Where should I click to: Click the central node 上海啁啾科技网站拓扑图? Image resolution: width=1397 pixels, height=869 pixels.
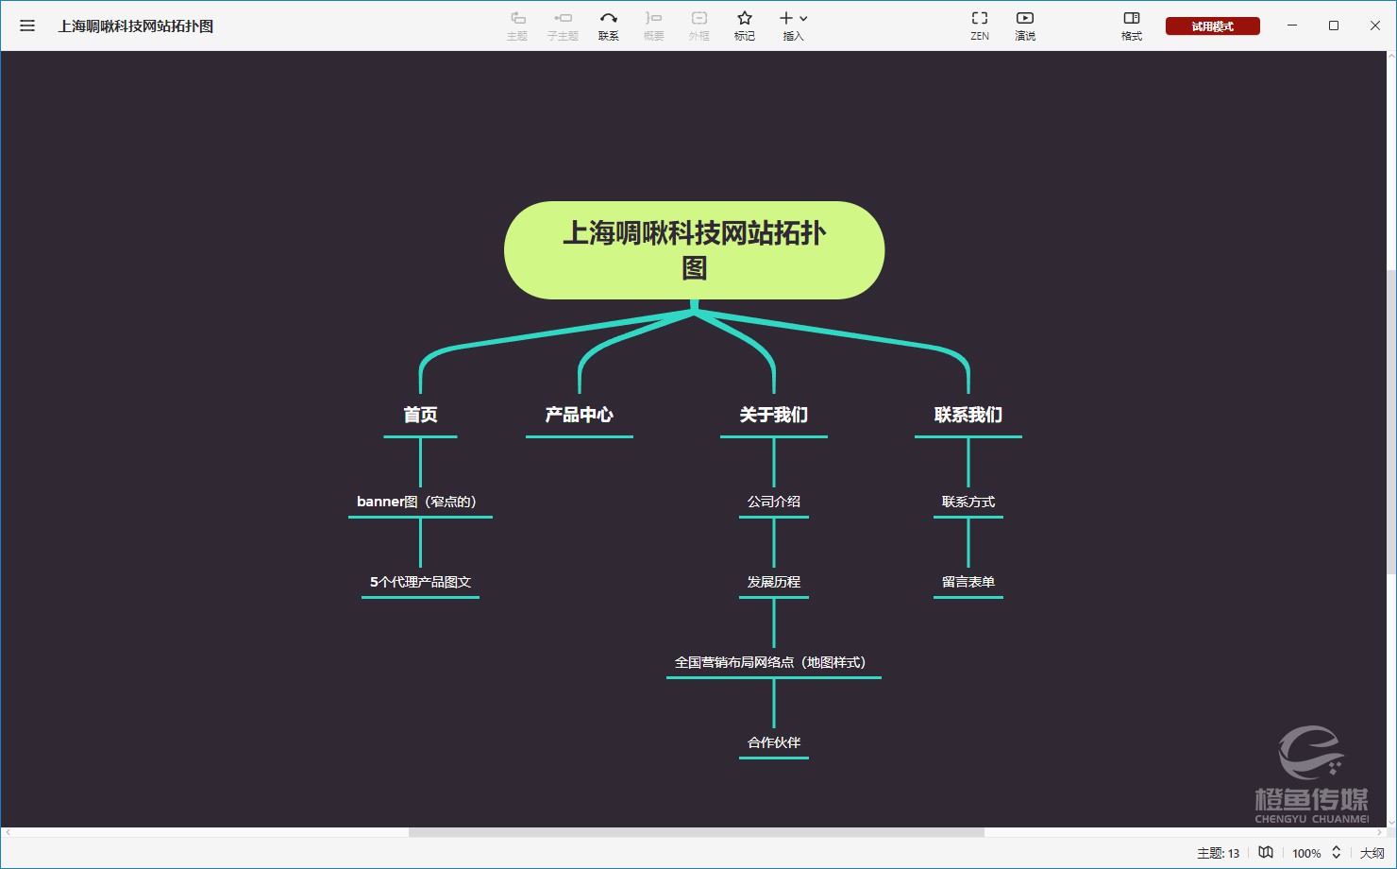coord(694,249)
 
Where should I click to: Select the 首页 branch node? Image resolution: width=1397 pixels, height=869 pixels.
coord(420,415)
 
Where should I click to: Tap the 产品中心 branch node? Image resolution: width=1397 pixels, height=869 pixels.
coord(580,415)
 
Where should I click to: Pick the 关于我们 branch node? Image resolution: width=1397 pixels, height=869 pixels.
coord(773,415)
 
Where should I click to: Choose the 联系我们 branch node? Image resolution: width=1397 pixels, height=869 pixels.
coord(968,415)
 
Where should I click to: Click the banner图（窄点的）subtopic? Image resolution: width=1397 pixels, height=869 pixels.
coord(416,502)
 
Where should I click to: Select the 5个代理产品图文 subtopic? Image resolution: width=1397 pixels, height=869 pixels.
coord(420,582)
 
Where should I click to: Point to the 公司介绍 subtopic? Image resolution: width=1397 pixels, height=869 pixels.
coord(773,502)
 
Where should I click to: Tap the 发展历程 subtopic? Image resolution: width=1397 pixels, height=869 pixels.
coord(773,582)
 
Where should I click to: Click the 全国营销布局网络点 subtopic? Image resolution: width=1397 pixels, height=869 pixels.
coord(770,662)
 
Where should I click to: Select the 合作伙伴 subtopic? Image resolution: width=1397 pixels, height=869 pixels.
coord(773,742)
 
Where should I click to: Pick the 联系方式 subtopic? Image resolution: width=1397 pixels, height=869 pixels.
coord(968,502)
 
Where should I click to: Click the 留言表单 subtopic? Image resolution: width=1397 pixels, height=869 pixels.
coord(968,582)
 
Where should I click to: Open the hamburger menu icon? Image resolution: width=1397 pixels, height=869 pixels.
coord(27,26)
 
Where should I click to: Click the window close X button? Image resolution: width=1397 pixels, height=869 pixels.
coord(1374,26)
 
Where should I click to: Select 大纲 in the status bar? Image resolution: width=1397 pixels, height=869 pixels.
coord(1372,853)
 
